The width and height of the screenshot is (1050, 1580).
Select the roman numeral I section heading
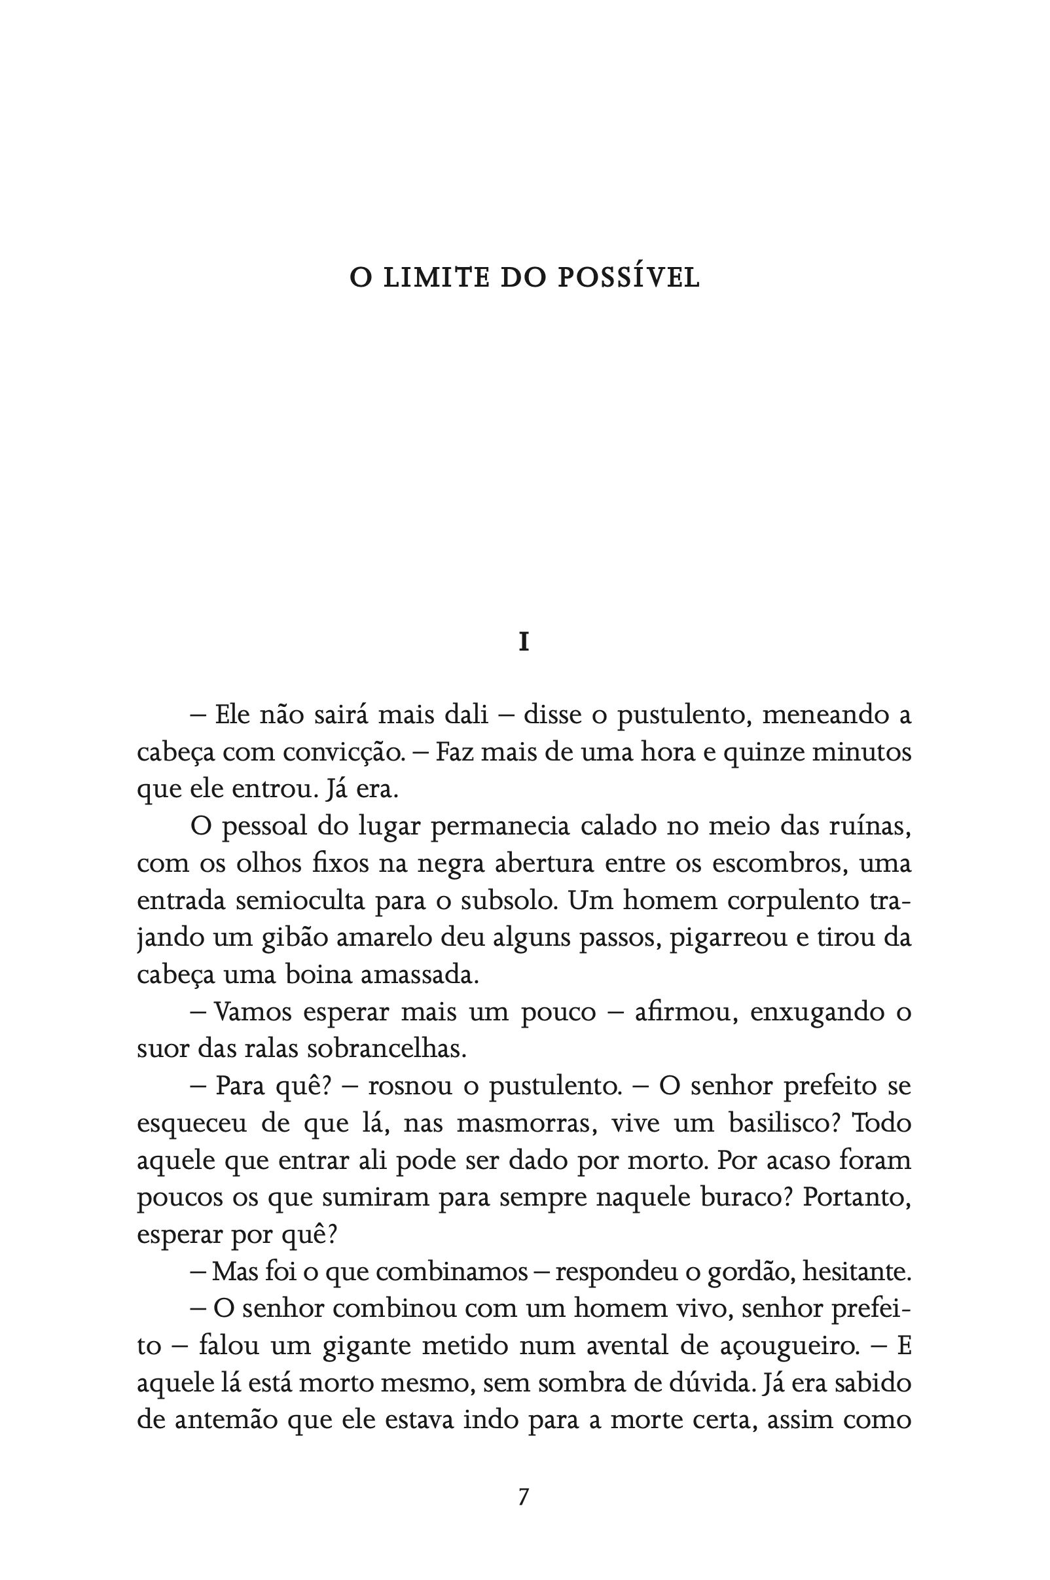coord(524,643)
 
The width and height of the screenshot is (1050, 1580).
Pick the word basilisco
coord(780,1122)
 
